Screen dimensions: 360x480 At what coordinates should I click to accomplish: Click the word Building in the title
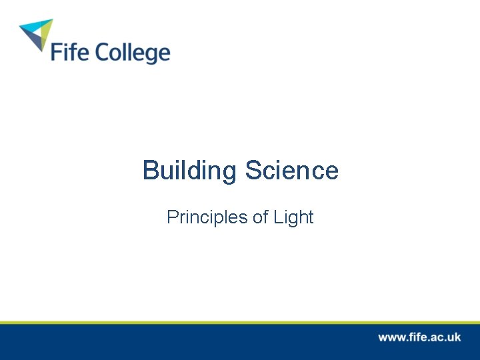click(189, 171)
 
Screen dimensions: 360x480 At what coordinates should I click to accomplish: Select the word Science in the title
click(291, 171)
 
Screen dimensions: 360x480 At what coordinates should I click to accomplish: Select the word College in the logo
click(132, 53)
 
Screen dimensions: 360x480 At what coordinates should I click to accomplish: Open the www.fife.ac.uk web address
click(419, 337)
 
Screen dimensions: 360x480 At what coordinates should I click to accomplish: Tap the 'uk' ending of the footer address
click(454, 337)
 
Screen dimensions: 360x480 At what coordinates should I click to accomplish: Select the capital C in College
click(101, 52)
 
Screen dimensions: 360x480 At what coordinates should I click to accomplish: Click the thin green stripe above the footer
click(240, 322)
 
